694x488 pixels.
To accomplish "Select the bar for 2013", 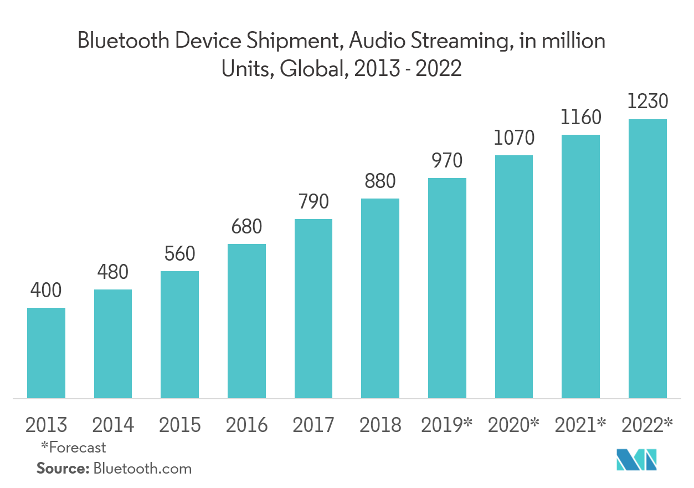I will click(x=47, y=353).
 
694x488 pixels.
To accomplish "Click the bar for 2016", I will click(x=246, y=321).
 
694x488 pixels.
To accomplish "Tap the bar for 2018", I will click(x=380, y=298).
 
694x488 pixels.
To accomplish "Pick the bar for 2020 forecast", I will click(x=514, y=276).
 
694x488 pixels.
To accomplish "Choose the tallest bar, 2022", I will click(x=647, y=258).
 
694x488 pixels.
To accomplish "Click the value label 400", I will click(x=47, y=291).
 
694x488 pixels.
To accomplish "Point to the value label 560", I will click(x=179, y=254).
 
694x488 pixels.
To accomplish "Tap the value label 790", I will click(x=313, y=201).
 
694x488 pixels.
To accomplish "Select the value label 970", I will click(x=447, y=161).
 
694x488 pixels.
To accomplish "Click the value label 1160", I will click(x=580, y=118).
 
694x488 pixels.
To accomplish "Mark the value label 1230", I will click(x=647, y=102).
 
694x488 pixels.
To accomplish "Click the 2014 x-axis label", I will click(x=113, y=425).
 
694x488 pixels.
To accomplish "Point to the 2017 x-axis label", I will click(x=313, y=425).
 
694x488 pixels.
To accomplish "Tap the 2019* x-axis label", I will click(x=447, y=425).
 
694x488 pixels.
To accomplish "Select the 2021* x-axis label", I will click(x=580, y=425).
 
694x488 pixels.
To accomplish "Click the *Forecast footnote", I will click(x=73, y=447).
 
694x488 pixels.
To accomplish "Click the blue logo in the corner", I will click(x=637, y=459).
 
